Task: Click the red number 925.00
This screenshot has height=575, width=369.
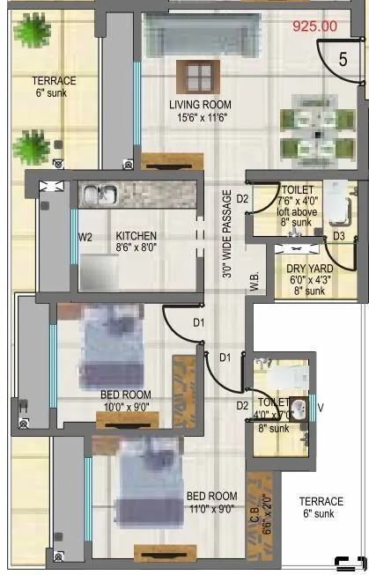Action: (x=314, y=26)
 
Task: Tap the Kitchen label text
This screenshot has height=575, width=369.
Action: (x=136, y=236)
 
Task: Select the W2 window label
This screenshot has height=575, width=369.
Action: (x=85, y=237)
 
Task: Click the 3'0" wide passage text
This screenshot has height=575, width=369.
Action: (x=228, y=234)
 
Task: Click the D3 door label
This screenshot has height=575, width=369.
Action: (x=338, y=236)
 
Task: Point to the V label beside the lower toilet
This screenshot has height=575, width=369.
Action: (x=320, y=407)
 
